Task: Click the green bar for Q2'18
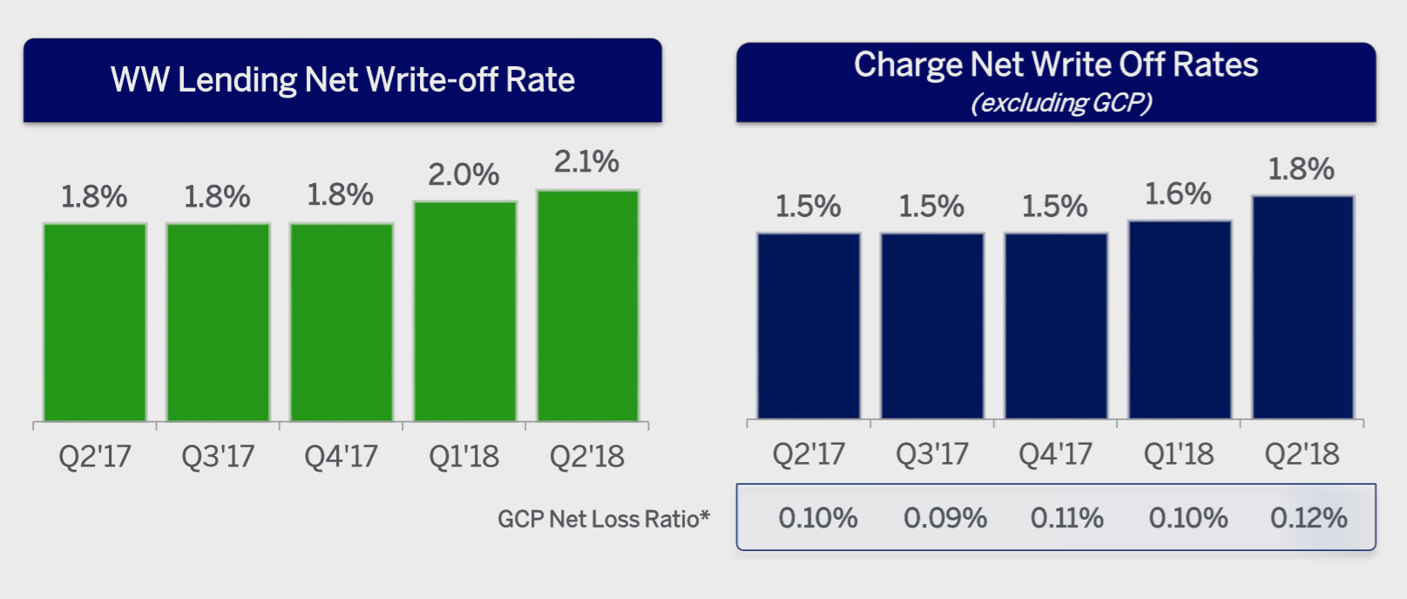(587, 305)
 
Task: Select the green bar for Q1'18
(464, 311)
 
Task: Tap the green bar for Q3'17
(218, 323)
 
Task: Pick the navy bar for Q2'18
(1302, 307)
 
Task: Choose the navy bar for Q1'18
(1179, 320)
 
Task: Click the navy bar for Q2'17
(808, 325)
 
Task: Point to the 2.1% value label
(586, 162)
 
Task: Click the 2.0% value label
(463, 175)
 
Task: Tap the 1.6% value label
(1178, 194)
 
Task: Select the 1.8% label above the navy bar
(1301, 169)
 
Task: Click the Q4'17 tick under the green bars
(341, 456)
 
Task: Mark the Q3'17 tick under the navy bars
(931, 454)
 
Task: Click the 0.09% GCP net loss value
(944, 519)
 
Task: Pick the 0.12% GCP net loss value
(1309, 519)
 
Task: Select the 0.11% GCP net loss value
(1066, 519)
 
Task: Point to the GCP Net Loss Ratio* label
(604, 520)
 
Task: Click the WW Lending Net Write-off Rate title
(342, 80)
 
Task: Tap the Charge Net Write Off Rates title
(1056, 65)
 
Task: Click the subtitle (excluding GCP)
(1061, 103)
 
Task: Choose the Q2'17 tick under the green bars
(94, 456)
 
